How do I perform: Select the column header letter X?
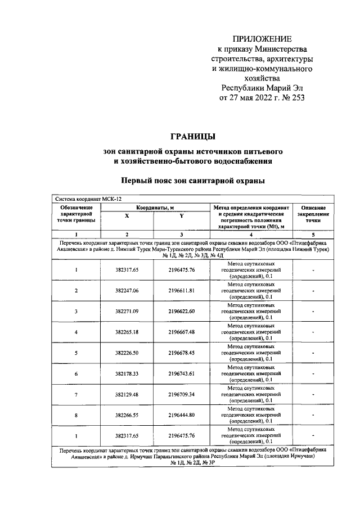click(127, 216)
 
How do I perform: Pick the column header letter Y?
click(181, 216)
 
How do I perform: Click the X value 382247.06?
click(127, 290)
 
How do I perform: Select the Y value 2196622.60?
click(181, 311)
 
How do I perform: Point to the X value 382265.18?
click(127, 332)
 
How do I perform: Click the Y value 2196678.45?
click(181, 353)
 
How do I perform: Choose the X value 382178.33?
click(127, 373)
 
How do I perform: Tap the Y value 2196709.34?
click(181, 394)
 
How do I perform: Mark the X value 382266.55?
click(127, 415)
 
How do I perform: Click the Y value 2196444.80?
click(181, 415)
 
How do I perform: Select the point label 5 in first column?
click(76, 353)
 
